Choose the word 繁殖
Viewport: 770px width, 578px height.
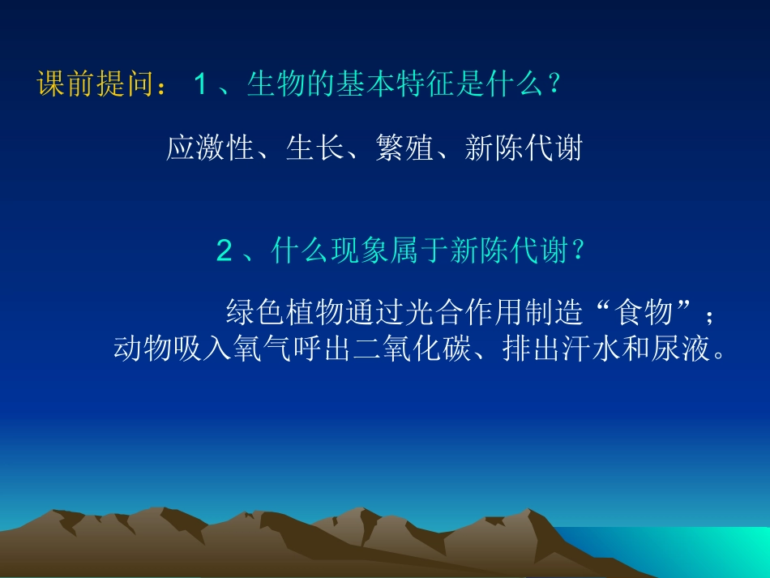(x=404, y=148)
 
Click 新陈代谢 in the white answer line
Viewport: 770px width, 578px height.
(x=524, y=148)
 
